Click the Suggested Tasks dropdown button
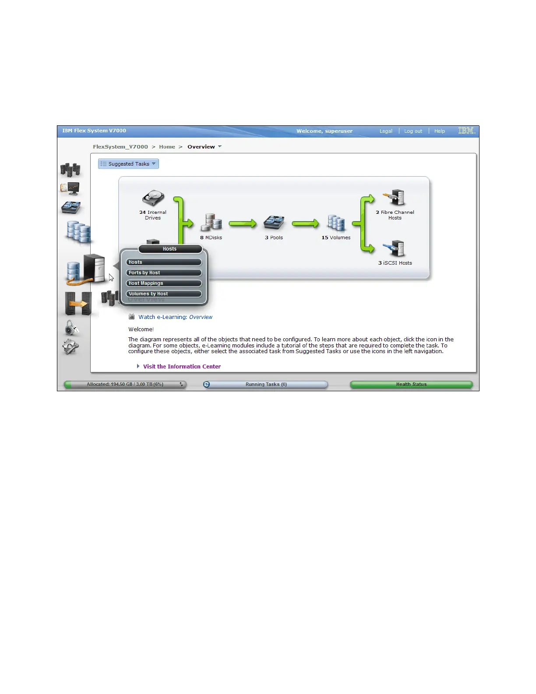[x=128, y=164]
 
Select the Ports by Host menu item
[x=164, y=273]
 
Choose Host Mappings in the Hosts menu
[x=164, y=283]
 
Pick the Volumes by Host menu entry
[x=164, y=294]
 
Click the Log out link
[x=413, y=131]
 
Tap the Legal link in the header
[x=386, y=131]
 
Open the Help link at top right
[x=439, y=131]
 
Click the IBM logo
[x=466, y=131]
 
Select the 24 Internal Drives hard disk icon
[x=153, y=198]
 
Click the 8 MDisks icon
[x=211, y=223]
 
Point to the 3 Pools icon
[x=274, y=223]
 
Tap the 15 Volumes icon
[x=336, y=223]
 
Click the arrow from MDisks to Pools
[x=242, y=224]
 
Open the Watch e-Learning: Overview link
[x=175, y=317]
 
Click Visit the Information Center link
[x=182, y=367]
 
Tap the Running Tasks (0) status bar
[x=266, y=384]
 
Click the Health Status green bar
[x=411, y=384]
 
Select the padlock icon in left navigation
[x=71, y=327]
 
